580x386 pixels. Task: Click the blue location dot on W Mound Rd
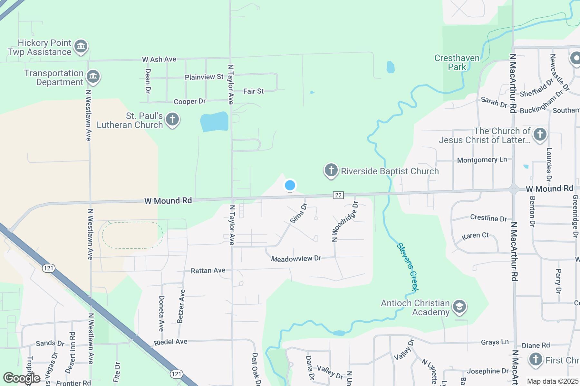(290, 185)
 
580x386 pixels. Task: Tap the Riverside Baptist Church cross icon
(331, 170)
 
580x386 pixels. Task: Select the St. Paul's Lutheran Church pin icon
(172, 119)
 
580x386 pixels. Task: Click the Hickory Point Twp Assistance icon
(81, 46)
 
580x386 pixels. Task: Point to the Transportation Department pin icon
(93, 77)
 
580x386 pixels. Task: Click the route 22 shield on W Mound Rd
(338, 195)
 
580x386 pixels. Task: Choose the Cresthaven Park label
(457, 62)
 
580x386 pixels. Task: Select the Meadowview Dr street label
(296, 259)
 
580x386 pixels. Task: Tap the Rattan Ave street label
(208, 271)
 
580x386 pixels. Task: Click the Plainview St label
(204, 77)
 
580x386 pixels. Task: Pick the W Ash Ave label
(159, 60)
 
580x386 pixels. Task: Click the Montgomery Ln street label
(482, 160)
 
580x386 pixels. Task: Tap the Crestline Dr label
(488, 218)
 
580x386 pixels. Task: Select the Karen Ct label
(475, 236)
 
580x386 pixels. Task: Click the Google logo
(22, 378)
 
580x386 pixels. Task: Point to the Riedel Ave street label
(170, 342)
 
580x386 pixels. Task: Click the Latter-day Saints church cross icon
(540, 134)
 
